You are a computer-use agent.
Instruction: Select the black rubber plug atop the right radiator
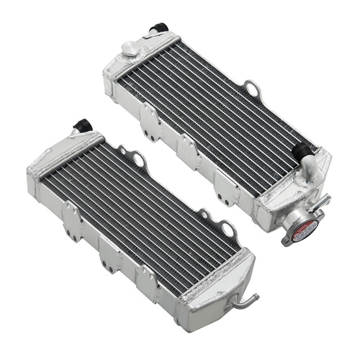155,30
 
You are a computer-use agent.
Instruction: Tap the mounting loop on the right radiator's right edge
253,90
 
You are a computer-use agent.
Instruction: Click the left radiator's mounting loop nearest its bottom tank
229,230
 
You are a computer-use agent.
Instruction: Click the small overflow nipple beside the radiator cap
325,198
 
